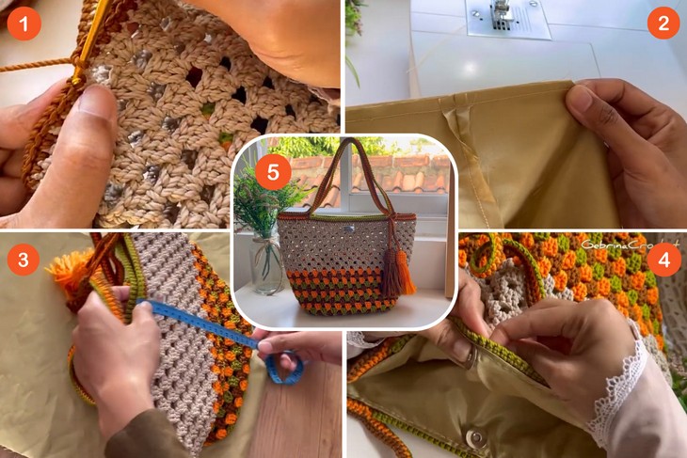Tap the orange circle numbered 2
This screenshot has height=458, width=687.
click(663, 24)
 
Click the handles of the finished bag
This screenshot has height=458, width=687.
click(343, 169)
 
